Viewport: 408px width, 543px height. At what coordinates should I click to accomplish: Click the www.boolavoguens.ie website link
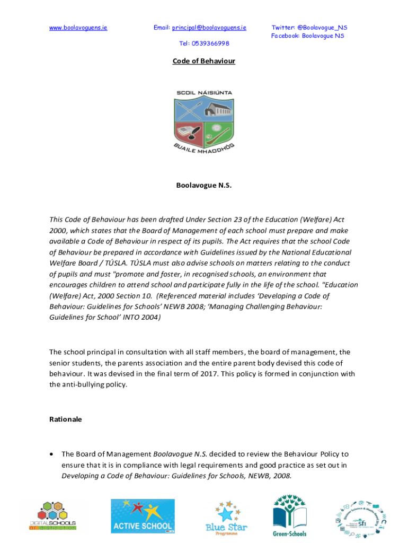78,28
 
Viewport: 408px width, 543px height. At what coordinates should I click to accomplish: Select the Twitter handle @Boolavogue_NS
322,28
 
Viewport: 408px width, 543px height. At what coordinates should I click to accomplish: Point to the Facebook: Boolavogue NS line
307,36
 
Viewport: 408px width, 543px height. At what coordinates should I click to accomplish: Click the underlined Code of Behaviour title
203,61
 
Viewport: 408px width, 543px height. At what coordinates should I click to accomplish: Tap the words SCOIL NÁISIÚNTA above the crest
204,93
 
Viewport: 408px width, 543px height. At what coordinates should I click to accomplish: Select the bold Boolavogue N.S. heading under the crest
203,186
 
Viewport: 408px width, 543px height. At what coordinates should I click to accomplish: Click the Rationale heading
66,419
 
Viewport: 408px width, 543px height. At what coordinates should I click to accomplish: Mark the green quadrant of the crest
217,133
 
